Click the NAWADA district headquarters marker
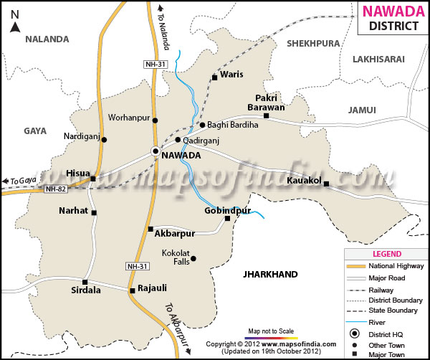click(155, 151)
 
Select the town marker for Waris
click(214, 77)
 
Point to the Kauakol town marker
click(326, 184)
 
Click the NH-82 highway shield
click(54, 189)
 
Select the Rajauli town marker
click(132, 290)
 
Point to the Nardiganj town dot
click(104, 140)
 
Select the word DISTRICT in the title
click(393, 27)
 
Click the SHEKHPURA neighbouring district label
click(312, 43)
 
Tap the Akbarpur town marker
click(150, 229)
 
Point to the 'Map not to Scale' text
click(272, 331)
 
